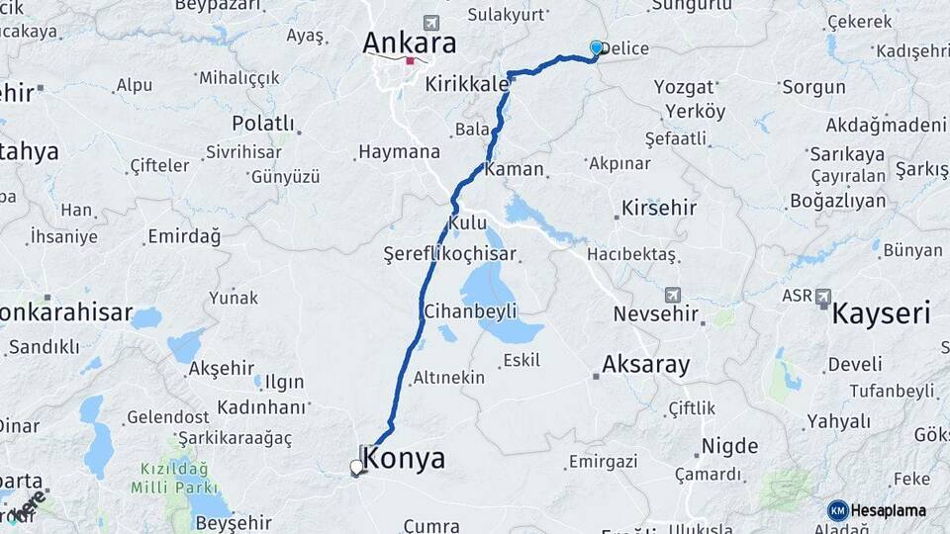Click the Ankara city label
click(x=409, y=43)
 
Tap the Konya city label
click(x=404, y=458)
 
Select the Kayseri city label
click(x=881, y=314)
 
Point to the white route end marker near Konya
click(x=356, y=467)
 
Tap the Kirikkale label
click(x=466, y=85)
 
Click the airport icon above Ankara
click(x=429, y=22)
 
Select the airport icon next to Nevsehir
click(x=674, y=295)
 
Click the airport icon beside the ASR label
click(x=823, y=296)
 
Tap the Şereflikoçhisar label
click(x=451, y=254)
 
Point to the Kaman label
click(x=515, y=169)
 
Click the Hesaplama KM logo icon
click(x=838, y=510)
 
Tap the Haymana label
click(x=399, y=152)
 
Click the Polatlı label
click(x=263, y=124)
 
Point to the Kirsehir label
click(x=659, y=209)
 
